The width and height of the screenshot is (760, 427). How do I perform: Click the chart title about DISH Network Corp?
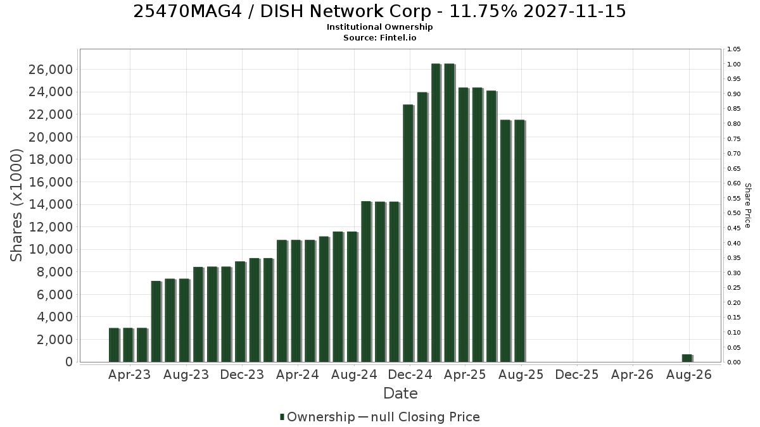(379, 11)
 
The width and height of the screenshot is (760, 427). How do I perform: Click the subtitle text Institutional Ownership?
(379, 27)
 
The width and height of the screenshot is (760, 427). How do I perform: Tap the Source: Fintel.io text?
(379, 37)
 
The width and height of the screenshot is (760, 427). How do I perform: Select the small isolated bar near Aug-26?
(687, 358)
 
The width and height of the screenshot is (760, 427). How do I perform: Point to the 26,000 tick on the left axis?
(51, 70)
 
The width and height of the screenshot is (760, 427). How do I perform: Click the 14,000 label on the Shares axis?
(51, 204)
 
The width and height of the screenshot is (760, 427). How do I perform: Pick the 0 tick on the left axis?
(69, 362)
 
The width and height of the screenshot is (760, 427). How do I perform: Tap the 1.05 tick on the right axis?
(733, 49)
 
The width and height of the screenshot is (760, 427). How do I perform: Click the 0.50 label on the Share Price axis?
(733, 213)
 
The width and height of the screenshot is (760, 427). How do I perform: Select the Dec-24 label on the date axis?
(410, 374)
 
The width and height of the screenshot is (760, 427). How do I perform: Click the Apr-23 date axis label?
(129, 374)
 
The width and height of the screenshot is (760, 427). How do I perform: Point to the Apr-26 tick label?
(632, 374)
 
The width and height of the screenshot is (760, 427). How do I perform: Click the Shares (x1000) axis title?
(16, 206)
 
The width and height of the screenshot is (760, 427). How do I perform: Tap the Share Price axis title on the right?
(748, 206)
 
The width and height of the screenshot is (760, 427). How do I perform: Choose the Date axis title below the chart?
(400, 393)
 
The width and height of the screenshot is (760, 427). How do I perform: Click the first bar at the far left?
(115, 345)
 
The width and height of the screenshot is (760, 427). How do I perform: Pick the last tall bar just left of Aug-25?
(520, 241)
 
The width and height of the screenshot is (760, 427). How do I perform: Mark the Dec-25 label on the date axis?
(577, 374)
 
